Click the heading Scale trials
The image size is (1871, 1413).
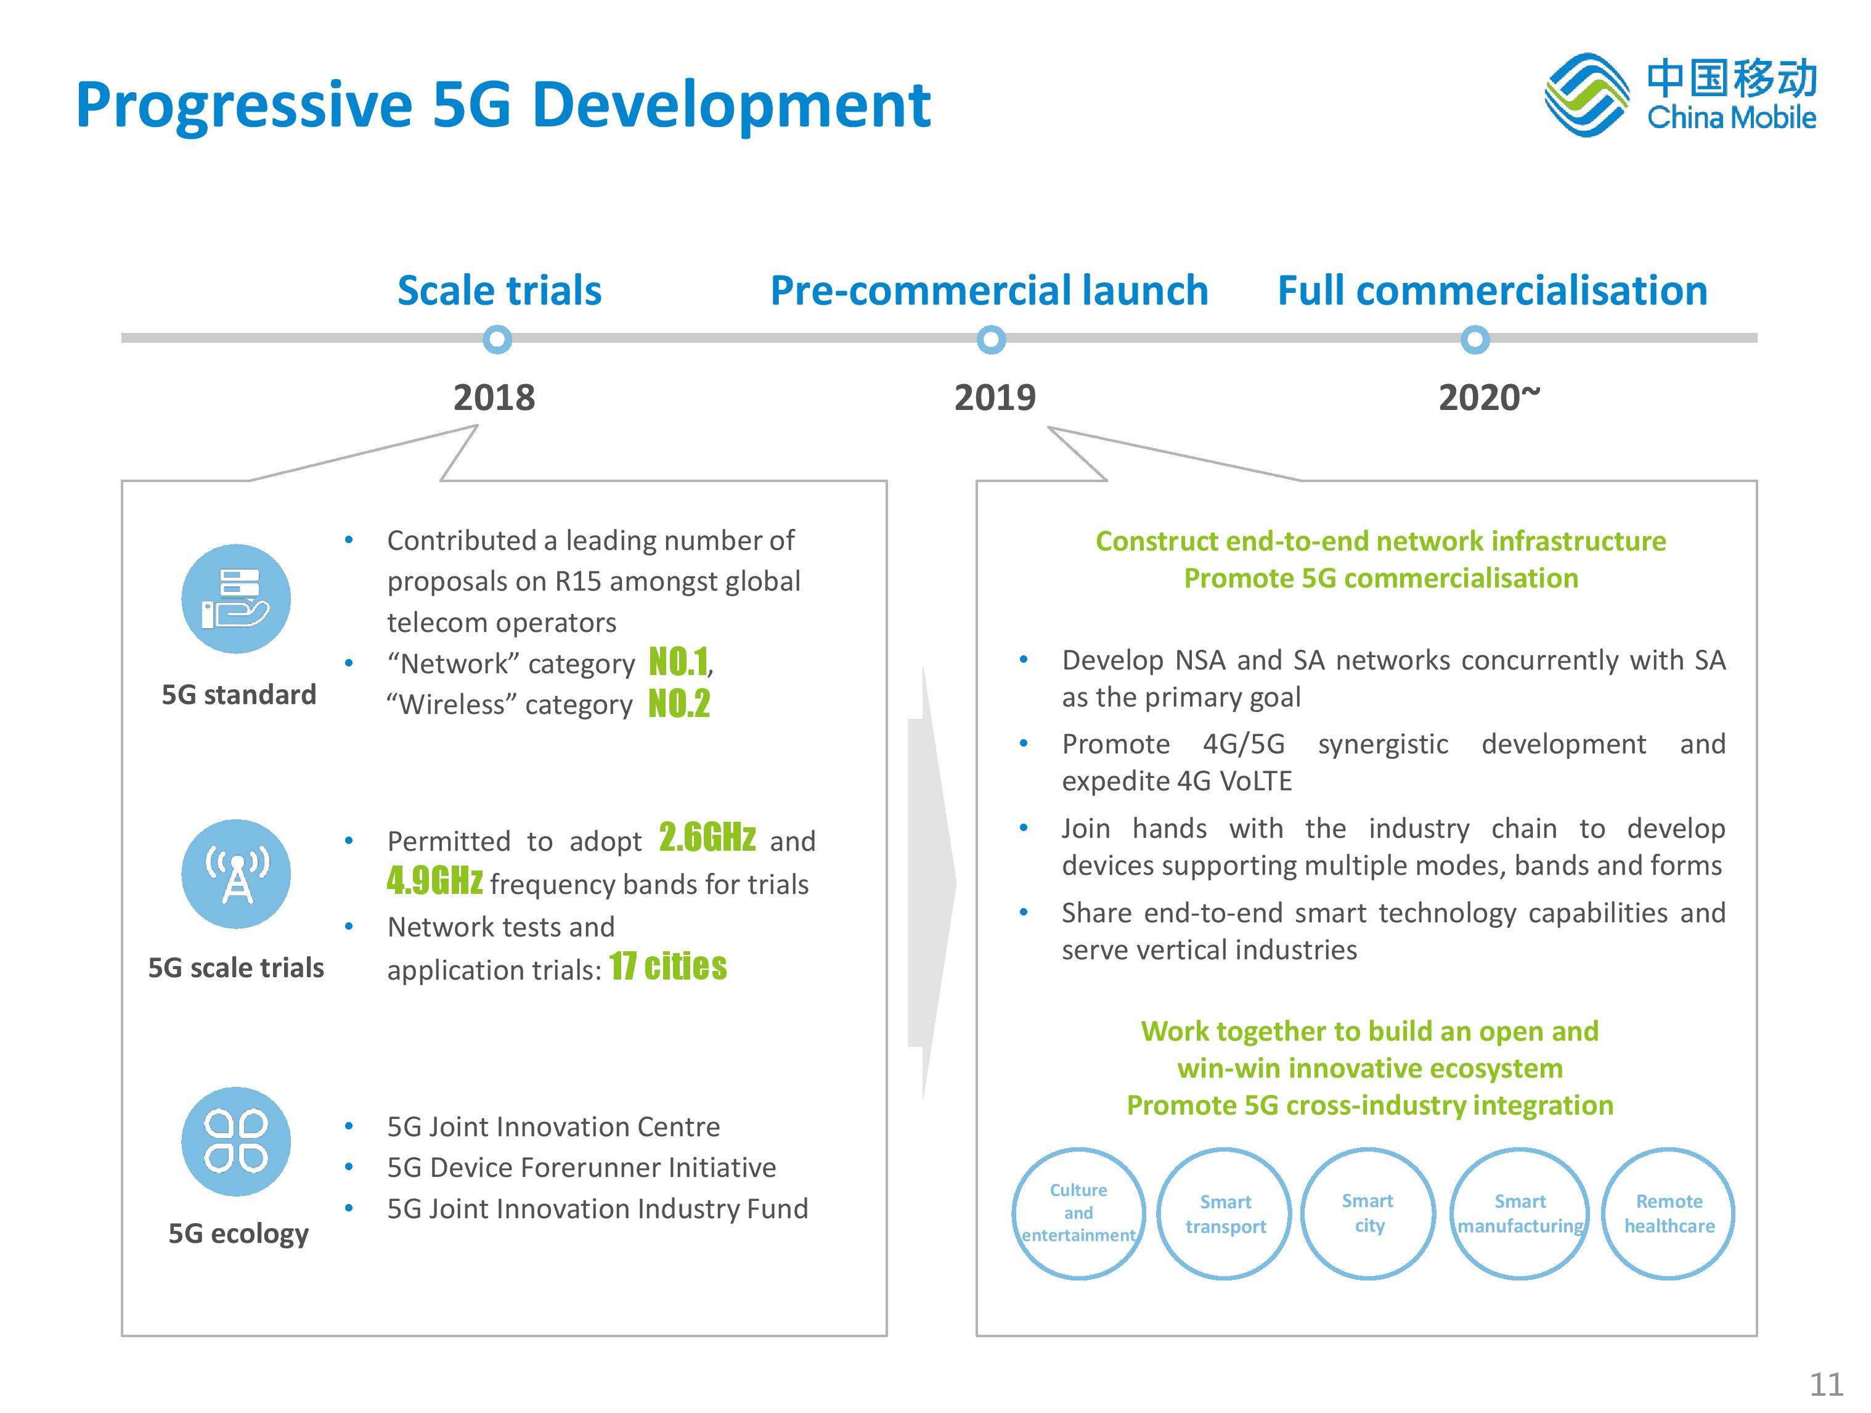tap(499, 290)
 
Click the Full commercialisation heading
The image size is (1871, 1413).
tap(1492, 290)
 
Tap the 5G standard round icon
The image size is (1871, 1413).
tap(236, 599)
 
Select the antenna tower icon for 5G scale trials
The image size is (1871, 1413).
tap(236, 874)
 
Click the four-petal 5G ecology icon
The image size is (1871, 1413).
tap(236, 1141)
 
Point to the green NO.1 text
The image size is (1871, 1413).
tap(679, 661)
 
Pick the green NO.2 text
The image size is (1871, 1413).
tap(679, 703)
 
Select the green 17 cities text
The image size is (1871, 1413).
tap(667, 965)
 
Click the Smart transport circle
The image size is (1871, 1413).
tap(1225, 1213)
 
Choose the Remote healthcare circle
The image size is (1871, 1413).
tap(1669, 1213)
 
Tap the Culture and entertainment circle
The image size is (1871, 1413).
tap(1078, 1213)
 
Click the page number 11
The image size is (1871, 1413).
tap(1826, 1383)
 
